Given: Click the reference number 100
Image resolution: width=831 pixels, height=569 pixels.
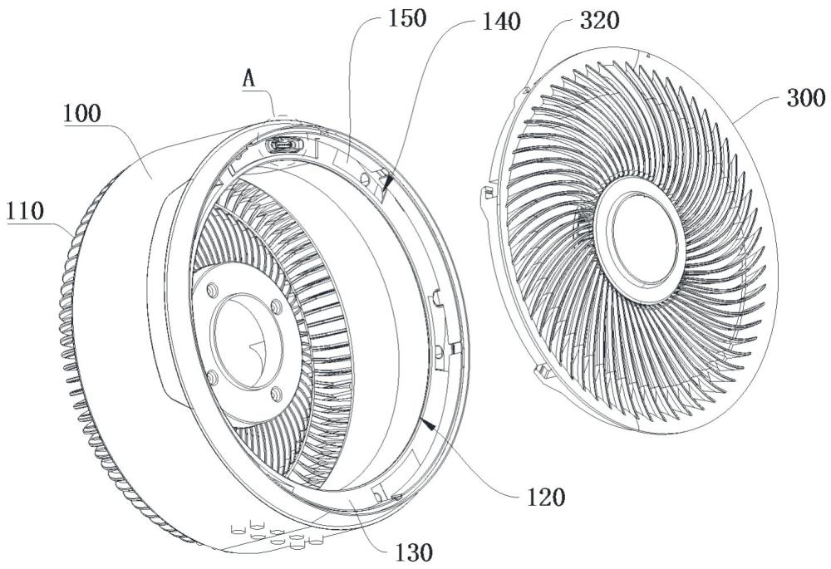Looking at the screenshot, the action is point(81,114).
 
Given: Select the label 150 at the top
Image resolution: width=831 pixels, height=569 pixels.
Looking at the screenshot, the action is point(407,19).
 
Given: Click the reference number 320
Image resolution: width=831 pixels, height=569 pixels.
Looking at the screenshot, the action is point(599,22).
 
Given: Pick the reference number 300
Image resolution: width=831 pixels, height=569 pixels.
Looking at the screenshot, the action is point(806,99).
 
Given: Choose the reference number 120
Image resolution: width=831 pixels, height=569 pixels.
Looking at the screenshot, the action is point(547,498).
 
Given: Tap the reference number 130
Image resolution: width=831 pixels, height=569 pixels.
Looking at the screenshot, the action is point(415,552).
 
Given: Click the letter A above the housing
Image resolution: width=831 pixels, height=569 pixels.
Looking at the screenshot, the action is point(248,79).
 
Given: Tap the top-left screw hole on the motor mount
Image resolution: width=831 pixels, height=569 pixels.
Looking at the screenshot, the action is point(213,289).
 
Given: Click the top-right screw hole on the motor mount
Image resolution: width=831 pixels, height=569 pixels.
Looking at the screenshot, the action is point(276,307).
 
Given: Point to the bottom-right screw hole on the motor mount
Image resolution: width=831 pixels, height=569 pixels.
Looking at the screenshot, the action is point(276,393).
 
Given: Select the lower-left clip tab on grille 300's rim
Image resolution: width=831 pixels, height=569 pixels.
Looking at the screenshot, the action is point(542,370).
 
